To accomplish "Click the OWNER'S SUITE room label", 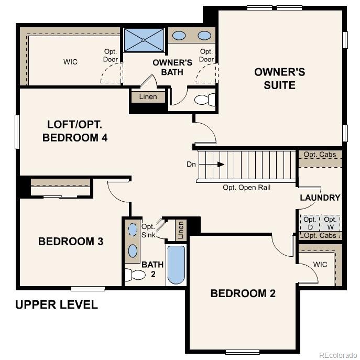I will coord(279,79).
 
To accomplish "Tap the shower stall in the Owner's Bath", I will coord(144,40).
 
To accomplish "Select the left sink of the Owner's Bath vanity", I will coord(179,36).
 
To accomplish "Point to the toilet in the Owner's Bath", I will coord(204,100).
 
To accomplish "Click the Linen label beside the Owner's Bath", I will coord(148,97).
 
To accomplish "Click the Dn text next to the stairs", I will coord(191,164).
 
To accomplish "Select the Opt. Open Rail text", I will coord(246,187).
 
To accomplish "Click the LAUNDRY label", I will coord(320,198).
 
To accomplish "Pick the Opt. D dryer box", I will coord(309,223).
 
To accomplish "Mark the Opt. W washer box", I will coord(330,223).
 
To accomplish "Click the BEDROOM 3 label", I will coord(71,242).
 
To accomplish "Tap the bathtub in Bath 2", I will coord(176,265).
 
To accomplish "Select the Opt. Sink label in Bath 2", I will coord(148,231).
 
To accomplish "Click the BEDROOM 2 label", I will coord(243,293).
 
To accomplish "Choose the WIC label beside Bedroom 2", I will coord(320,265).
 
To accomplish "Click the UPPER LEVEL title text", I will coord(57,304).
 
